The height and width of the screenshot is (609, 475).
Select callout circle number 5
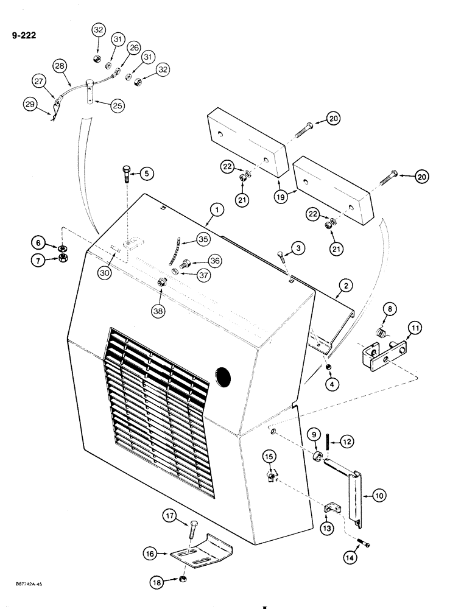[146, 174]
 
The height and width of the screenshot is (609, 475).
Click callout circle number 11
[413, 329]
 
